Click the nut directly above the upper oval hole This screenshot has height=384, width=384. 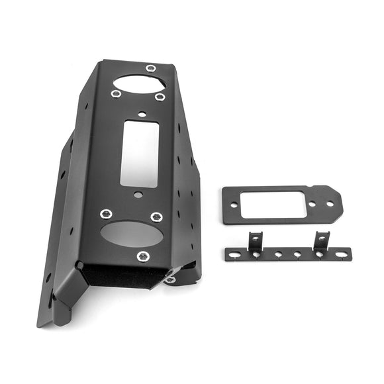point(151,69)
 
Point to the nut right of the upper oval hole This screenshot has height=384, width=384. point(160,97)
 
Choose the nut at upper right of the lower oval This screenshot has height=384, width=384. point(156,216)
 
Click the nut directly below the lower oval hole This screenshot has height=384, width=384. point(142,256)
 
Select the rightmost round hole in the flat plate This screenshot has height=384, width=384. point(329,204)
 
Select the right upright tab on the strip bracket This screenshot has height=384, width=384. point(321,240)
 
